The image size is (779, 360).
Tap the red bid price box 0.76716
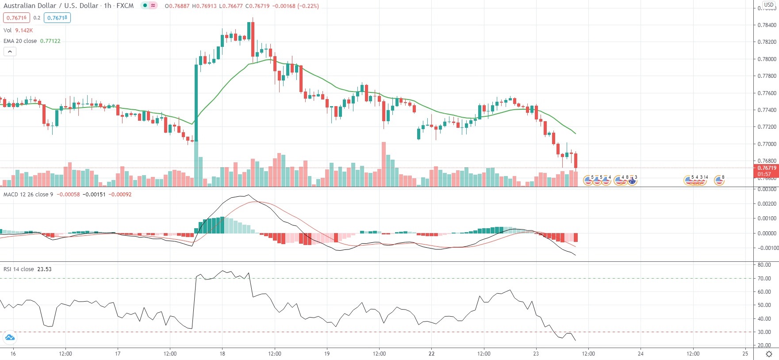pos(16,18)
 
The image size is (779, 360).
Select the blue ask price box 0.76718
pos(57,18)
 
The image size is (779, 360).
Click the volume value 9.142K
pos(24,31)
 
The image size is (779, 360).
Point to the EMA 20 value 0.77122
pos(50,41)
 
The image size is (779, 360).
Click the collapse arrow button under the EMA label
pos(10,52)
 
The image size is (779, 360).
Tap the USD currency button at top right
pos(769,5)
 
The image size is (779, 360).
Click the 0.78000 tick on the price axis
pos(767,59)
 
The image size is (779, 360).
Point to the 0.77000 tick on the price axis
pos(767,144)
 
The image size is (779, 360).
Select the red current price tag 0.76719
pos(766,168)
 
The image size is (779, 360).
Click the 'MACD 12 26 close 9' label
pos(28,195)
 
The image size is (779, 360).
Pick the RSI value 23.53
pos(44,269)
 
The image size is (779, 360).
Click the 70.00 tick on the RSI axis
pos(764,279)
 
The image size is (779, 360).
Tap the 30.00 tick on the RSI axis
pos(764,332)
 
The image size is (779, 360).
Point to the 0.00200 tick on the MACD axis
pos(767,204)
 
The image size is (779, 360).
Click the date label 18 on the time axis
pos(222,353)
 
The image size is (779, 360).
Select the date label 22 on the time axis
pos(431,353)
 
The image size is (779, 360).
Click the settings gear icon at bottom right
pos(769,354)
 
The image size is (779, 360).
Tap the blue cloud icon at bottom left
pos(9,338)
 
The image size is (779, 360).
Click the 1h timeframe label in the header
pos(107,6)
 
